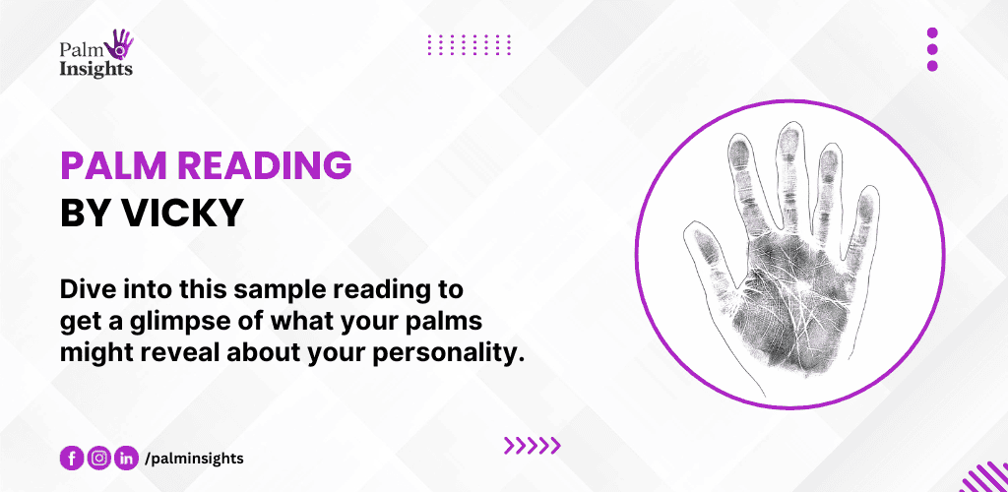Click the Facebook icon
pyautogui.click(x=71, y=459)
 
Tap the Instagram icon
pyautogui.click(x=99, y=459)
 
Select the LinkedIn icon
pyautogui.click(x=127, y=459)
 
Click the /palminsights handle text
pyautogui.click(x=195, y=460)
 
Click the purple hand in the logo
pyautogui.click(x=122, y=43)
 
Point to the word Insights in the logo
pyautogui.click(x=95, y=69)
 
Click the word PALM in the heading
pyautogui.click(x=114, y=165)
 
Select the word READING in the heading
pyautogui.click(x=265, y=165)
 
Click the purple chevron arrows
pyautogui.click(x=533, y=445)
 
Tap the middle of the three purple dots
pyautogui.click(x=932, y=49)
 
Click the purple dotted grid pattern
pyautogui.click(x=470, y=44)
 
